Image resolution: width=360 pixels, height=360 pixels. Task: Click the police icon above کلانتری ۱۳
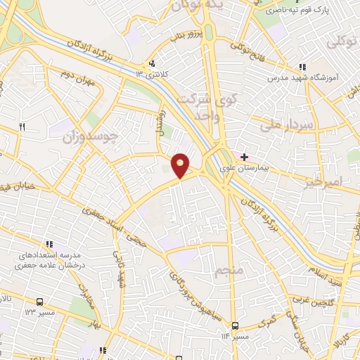tap(151, 63)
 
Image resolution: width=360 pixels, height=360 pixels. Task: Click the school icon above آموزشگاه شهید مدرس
tap(302, 66)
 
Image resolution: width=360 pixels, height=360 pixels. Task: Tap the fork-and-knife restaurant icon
tap(22, 127)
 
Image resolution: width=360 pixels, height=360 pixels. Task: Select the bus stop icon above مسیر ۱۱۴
tap(235, 325)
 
